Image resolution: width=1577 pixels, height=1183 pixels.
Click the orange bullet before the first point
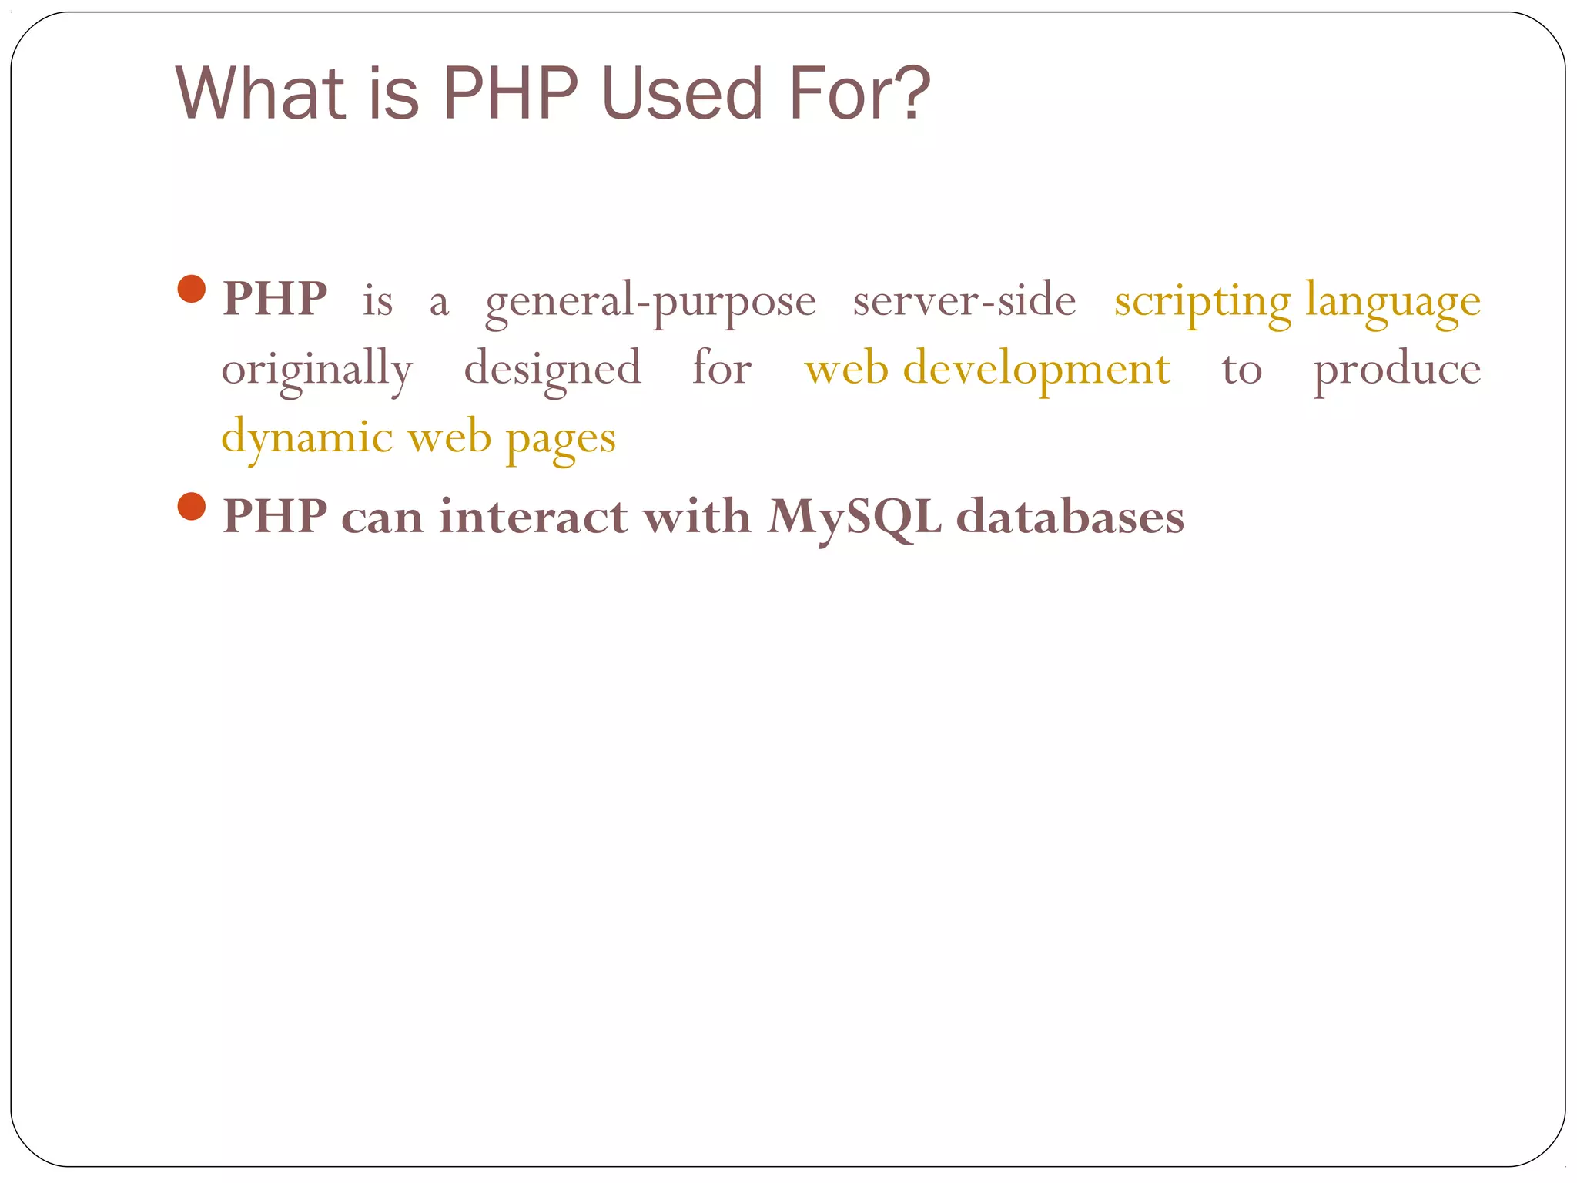coord(191,289)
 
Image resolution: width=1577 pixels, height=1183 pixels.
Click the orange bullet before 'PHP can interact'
coord(191,507)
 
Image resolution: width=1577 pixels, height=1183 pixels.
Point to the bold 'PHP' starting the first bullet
coord(274,299)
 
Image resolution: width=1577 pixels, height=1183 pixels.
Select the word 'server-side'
coord(964,300)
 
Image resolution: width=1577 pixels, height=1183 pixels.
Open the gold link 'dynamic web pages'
coord(418,438)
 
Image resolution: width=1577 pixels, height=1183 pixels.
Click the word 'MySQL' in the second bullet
coord(854,517)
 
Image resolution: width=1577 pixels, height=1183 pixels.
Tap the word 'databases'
coord(1070,516)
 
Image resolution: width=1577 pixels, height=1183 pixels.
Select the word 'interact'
coord(532,516)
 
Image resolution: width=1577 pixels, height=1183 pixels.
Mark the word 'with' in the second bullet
coord(697,516)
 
